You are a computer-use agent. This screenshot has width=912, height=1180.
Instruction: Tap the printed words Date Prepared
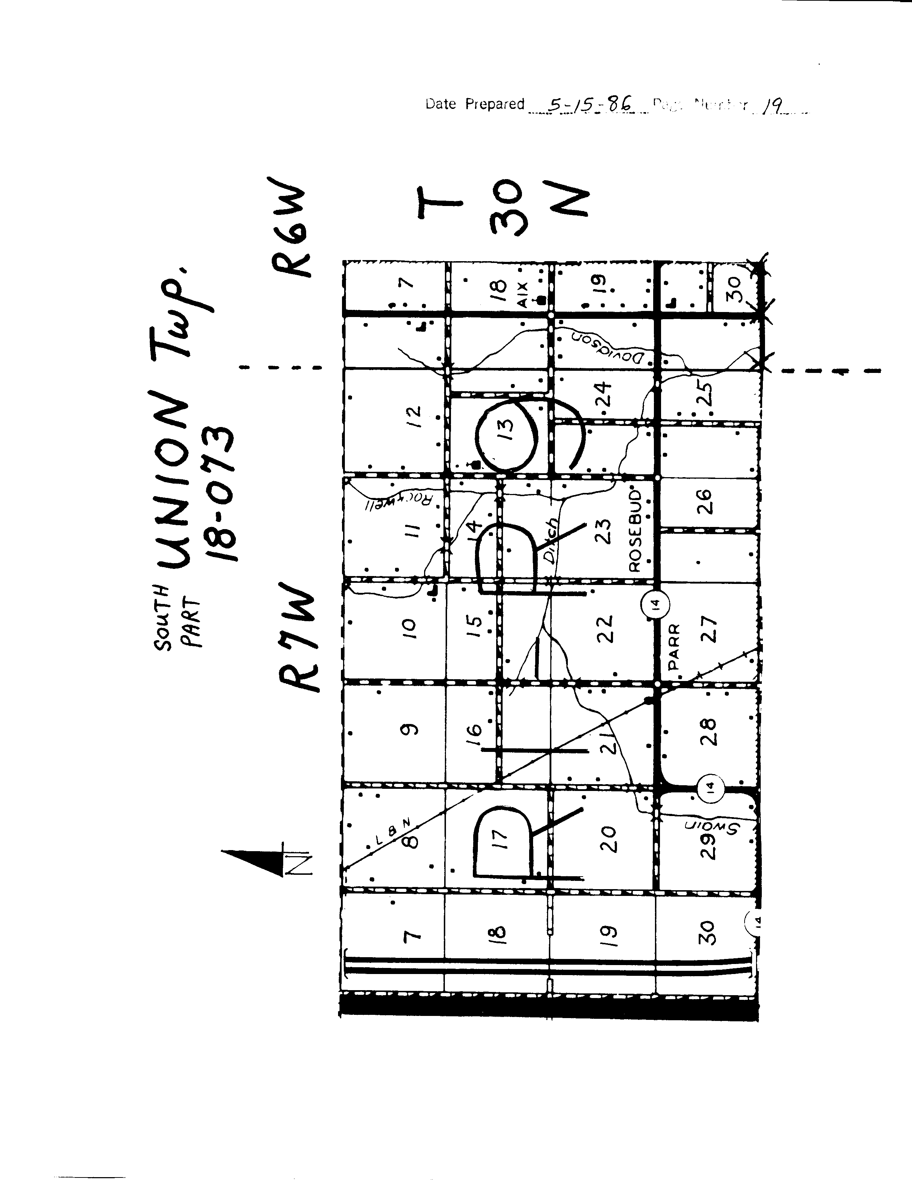[475, 104]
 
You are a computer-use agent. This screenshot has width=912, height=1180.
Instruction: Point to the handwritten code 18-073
[222, 494]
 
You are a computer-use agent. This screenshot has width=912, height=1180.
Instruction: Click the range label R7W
[297, 638]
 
